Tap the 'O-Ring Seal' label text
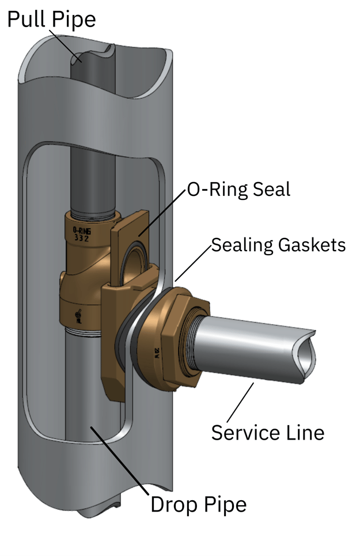(238, 190)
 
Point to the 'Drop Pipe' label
(198, 504)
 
